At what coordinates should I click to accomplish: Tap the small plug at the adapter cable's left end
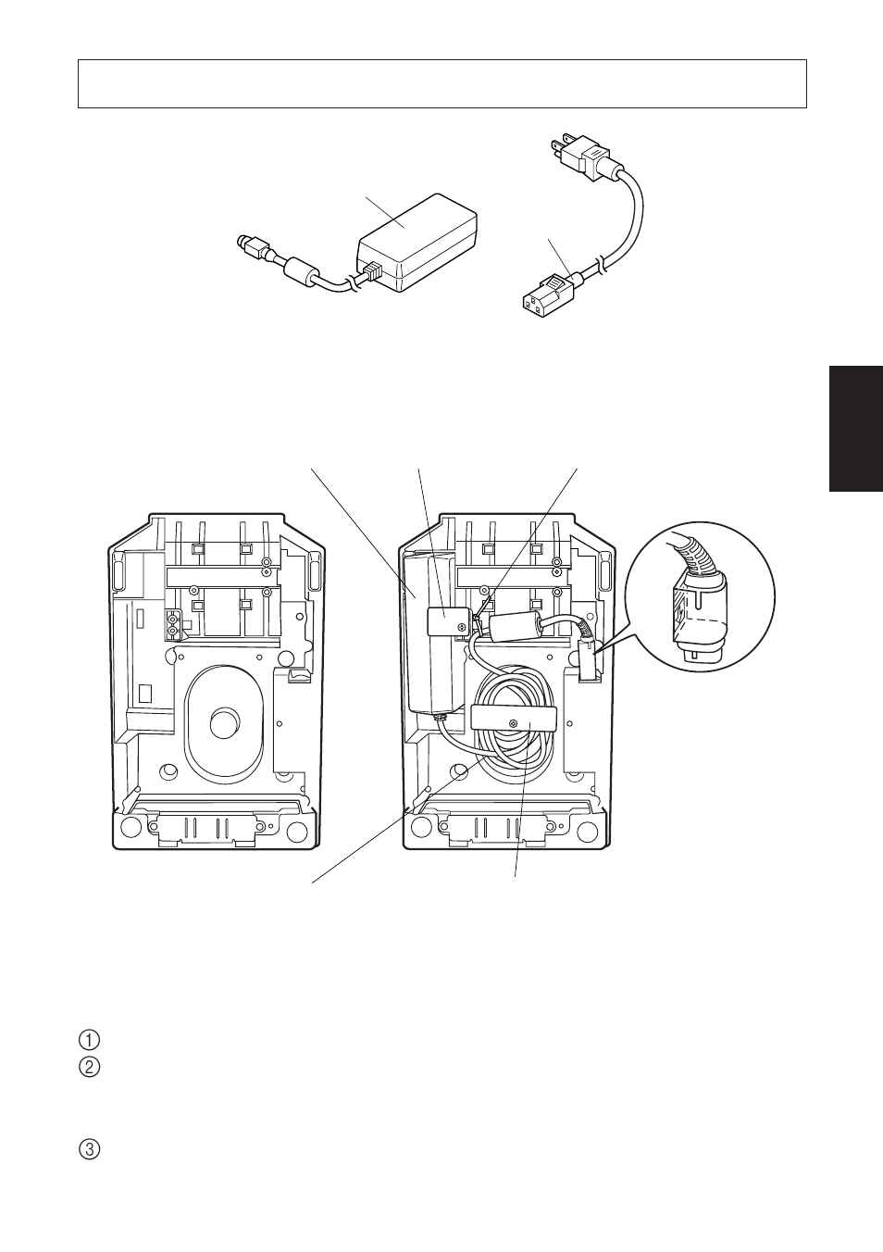247,245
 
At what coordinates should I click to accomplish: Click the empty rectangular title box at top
441,84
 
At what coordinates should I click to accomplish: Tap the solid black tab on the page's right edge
855,428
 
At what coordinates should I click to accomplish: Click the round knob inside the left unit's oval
224,723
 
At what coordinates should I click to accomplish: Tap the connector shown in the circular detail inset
698,619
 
